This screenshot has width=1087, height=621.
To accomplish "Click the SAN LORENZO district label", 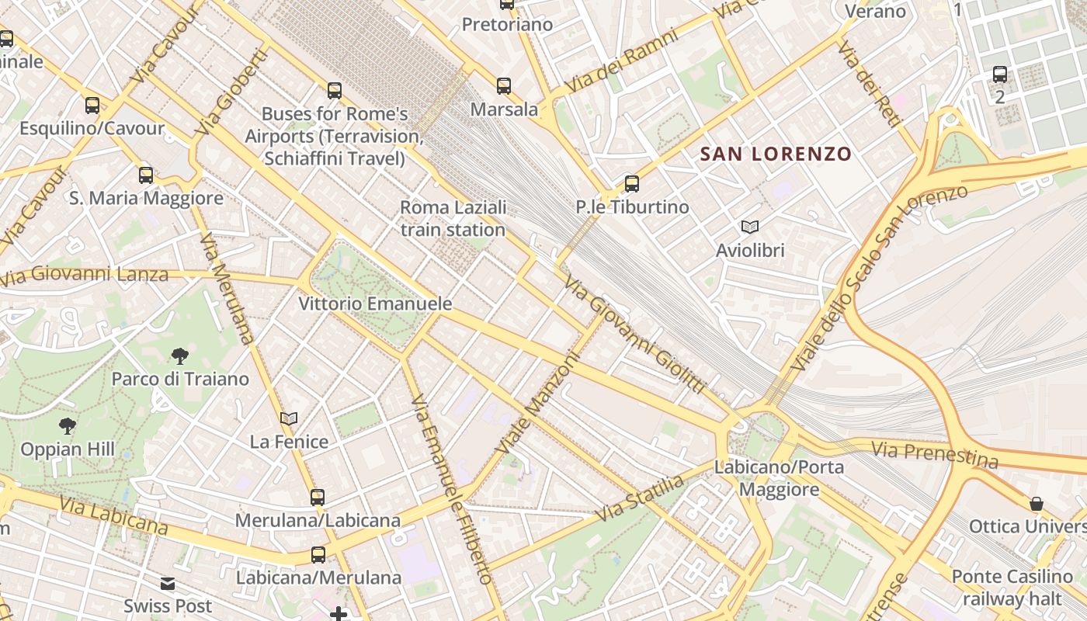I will click(776, 154).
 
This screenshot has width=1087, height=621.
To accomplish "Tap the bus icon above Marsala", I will click(504, 86).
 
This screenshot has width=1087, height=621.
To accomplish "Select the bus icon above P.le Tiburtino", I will click(632, 184).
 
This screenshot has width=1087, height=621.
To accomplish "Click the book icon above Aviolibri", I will click(749, 227).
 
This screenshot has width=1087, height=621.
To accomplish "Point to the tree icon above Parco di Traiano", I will click(180, 356).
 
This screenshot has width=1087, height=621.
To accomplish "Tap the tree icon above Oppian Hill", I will click(68, 426).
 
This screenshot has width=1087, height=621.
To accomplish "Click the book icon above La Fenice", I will click(289, 419).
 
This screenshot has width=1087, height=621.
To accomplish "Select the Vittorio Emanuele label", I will click(375, 304).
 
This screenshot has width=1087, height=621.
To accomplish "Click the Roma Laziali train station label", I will click(453, 219).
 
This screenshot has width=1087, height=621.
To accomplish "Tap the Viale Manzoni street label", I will click(539, 404).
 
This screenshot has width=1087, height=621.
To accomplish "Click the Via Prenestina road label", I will click(934, 455).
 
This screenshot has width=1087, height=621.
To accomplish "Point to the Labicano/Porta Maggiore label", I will click(779, 478).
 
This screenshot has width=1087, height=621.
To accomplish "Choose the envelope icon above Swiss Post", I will click(168, 584).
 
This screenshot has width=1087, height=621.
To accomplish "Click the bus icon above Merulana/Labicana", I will click(318, 498).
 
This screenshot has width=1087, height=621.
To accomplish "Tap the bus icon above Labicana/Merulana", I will click(318, 555).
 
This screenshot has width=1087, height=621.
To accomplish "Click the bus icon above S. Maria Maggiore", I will click(146, 175).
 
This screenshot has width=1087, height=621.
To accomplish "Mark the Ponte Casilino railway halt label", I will click(1012, 588).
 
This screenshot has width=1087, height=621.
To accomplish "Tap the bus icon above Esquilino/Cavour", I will click(92, 106).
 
